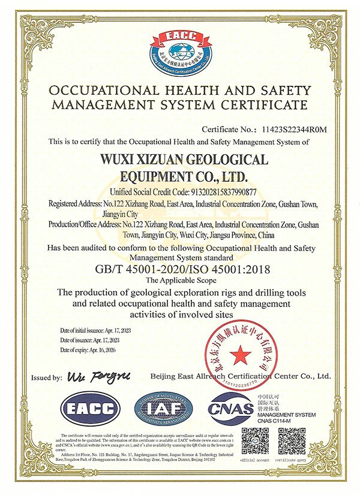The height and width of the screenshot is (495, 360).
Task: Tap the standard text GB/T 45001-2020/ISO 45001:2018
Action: tap(180, 270)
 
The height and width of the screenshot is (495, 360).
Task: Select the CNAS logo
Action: tap(231, 410)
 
